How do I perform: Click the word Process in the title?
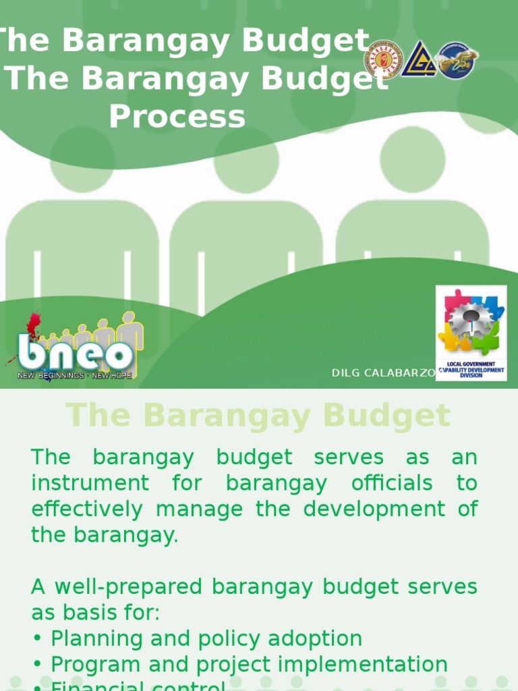(177, 116)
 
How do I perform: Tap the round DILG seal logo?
(384, 59)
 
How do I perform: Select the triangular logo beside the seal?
(419, 59)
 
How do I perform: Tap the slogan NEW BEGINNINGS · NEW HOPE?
(75, 375)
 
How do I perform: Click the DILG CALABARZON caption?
(383, 373)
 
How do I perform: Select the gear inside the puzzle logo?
(470, 319)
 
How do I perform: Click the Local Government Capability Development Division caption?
(471, 370)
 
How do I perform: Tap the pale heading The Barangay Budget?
(258, 416)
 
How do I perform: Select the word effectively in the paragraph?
(87, 509)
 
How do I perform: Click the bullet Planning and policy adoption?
(206, 638)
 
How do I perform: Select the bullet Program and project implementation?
(249, 665)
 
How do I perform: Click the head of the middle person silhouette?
(246, 161)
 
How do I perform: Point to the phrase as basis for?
(96, 613)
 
